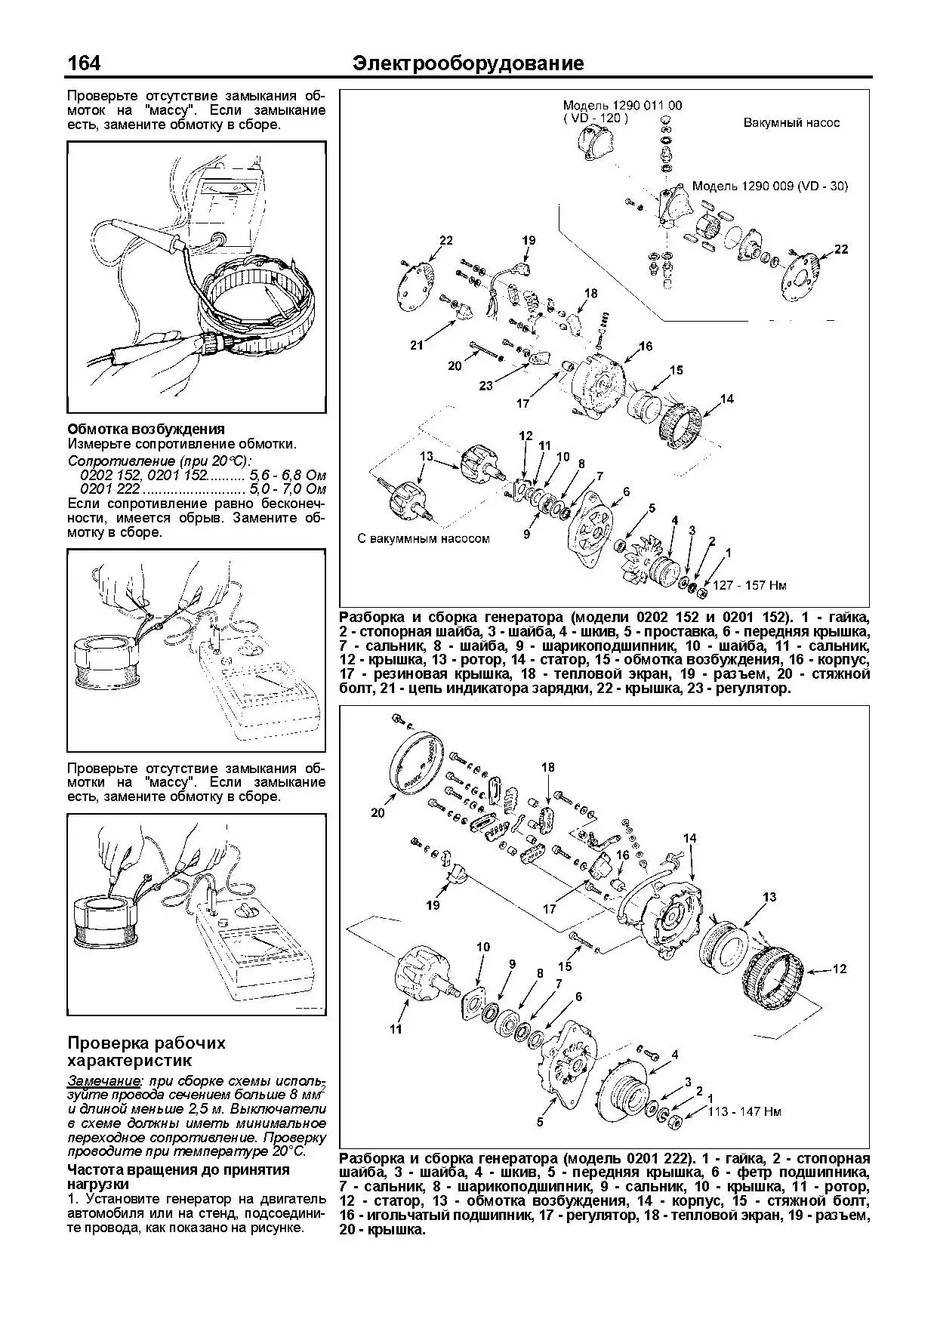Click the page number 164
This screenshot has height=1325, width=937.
[84, 63]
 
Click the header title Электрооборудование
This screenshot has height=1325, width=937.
[468, 63]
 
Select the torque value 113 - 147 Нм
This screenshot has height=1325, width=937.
[744, 1111]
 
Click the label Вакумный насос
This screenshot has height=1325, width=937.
[791, 122]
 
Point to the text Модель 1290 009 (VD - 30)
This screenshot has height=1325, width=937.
[770, 186]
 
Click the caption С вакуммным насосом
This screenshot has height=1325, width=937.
[423, 539]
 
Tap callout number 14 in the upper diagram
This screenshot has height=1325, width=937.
[726, 399]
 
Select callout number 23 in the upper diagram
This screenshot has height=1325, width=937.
[485, 385]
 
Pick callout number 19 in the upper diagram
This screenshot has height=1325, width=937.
[529, 240]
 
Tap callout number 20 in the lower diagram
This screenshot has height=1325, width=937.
[378, 812]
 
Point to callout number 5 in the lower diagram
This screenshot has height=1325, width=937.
[540, 1122]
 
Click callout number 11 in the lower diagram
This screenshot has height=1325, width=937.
[396, 1028]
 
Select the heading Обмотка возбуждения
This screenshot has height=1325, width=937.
[146, 429]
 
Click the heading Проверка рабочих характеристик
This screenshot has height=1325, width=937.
[146, 1052]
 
